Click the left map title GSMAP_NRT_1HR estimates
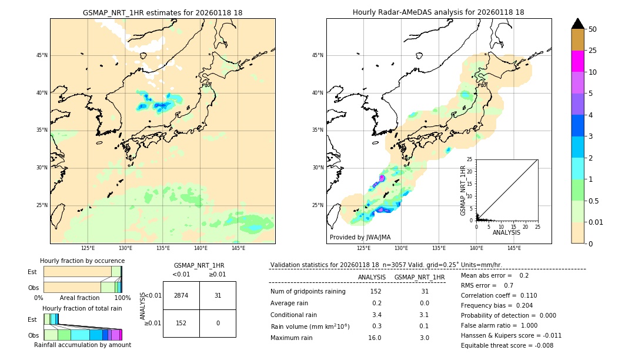(162, 12)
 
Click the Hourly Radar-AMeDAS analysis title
(439, 12)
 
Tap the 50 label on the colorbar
(593, 29)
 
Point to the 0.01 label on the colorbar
(596, 222)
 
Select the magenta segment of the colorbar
(577, 61)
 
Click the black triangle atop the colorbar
(577, 24)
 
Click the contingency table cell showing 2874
(181, 295)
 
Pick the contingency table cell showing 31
(218, 295)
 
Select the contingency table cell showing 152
(181, 323)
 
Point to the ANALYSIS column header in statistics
(372, 277)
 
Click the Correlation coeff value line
(499, 295)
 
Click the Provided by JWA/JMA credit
(360, 237)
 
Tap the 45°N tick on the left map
(42, 55)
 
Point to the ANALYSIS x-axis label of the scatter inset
(506, 232)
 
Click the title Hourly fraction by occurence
(82, 261)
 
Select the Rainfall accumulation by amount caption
(82, 345)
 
